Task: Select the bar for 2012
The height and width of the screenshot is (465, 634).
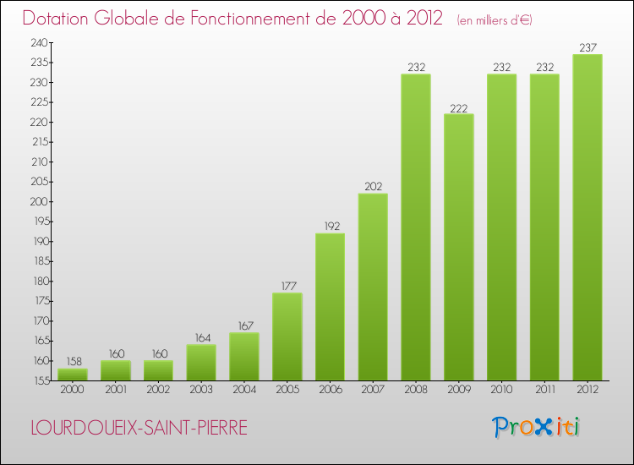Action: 588,217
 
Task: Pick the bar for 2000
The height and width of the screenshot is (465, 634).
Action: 73,374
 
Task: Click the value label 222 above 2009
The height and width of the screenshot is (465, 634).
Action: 459,107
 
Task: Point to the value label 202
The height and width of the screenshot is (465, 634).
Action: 373,186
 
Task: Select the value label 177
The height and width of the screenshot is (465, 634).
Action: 287,286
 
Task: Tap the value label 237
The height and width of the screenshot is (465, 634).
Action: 588,47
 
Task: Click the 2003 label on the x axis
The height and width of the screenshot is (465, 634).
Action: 201,390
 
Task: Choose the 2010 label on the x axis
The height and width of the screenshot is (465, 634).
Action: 501,390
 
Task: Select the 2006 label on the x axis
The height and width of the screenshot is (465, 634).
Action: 330,390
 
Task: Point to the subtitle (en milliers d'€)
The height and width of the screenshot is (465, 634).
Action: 494,19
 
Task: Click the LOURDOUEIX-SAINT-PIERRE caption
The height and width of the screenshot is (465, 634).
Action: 139,428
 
